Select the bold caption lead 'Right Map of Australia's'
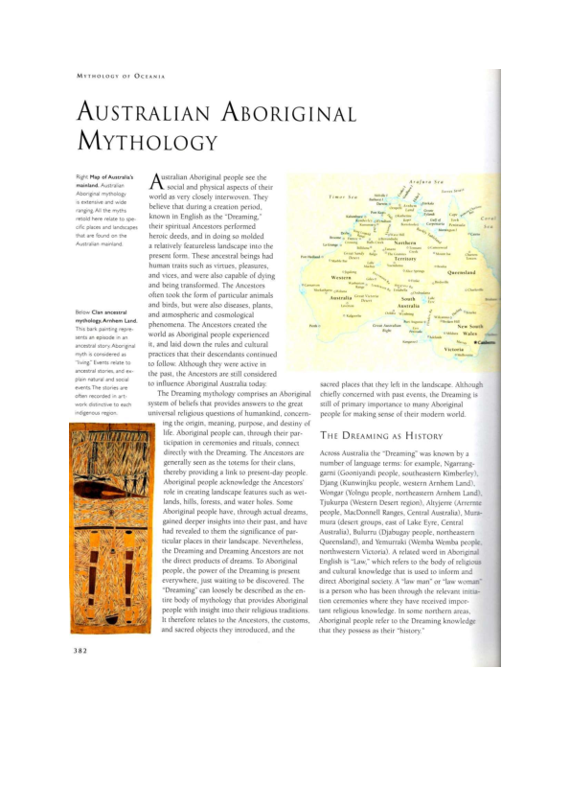click(x=109, y=179)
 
